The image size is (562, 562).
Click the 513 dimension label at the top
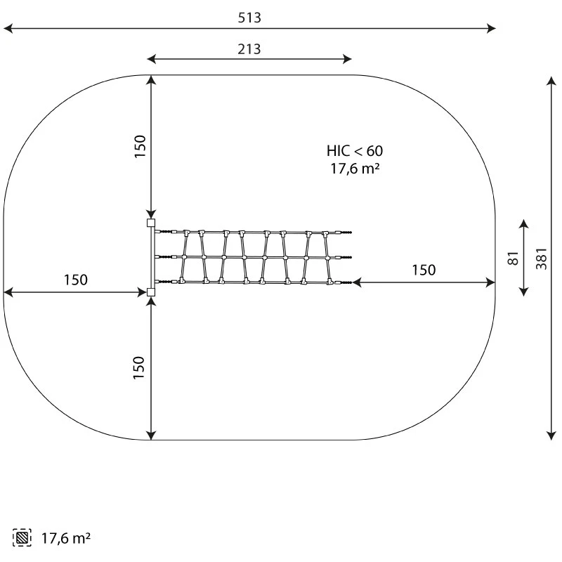click(249, 18)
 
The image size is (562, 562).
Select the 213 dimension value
click(249, 49)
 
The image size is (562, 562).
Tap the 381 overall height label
click(541, 259)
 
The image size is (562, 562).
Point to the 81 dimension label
click(514, 258)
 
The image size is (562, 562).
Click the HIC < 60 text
click(355, 151)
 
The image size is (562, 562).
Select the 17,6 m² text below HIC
click(355, 169)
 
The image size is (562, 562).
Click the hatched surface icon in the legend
click(22, 537)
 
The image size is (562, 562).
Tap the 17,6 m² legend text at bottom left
click(66, 538)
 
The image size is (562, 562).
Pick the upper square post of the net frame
click(151, 223)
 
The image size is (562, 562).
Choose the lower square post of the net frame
click(151, 292)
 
